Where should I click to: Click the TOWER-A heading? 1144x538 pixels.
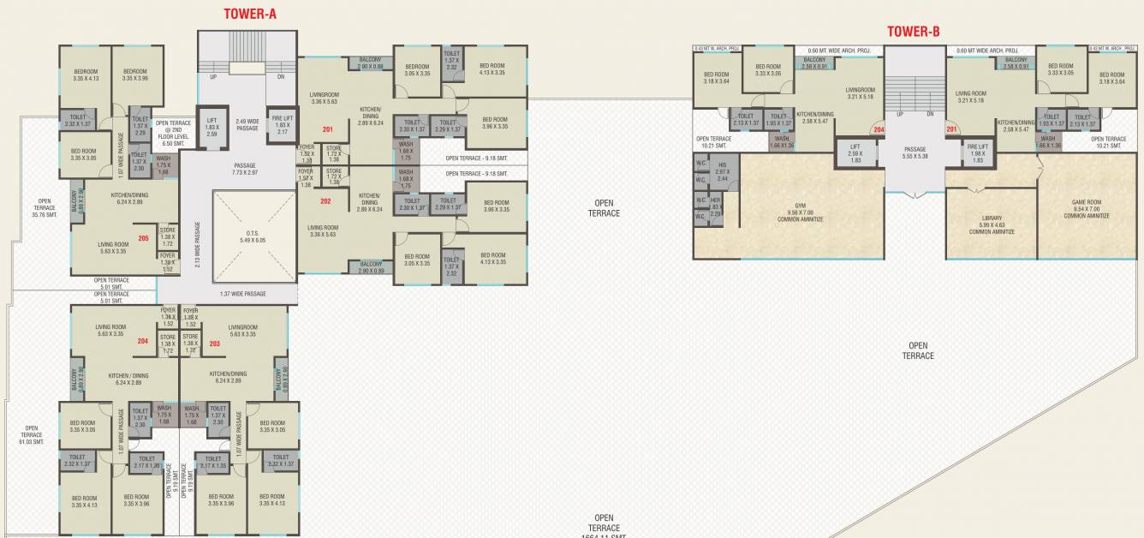pos(250,14)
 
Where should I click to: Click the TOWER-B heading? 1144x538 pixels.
pos(914,32)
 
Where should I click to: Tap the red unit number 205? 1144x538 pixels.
pos(144,237)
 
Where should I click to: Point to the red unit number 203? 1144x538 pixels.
pos(214,344)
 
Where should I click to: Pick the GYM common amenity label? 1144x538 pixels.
pos(800,212)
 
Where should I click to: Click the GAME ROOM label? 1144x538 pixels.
pos(1087,209)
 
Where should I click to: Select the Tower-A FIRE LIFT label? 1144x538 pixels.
pos(282,125)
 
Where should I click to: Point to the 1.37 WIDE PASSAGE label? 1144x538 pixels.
pos(242,294)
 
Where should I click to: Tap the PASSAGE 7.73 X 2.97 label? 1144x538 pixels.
pos(245,170)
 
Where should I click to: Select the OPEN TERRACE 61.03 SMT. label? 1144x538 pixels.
pos(32,434)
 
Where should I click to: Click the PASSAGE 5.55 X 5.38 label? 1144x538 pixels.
pos(915,152)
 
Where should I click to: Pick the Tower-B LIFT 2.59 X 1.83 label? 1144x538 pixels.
pos(855,153)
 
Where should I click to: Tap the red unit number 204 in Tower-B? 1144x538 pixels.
pos(878,130)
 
